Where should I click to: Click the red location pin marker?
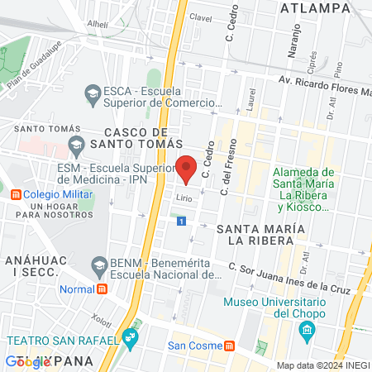187,168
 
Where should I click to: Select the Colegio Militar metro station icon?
17,195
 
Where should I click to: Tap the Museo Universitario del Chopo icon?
308,331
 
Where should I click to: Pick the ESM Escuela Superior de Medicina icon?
76,146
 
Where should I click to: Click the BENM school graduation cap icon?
100,265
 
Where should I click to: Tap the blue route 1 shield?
182,221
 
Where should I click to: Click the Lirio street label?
183,197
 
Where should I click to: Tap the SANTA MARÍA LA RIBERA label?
256,232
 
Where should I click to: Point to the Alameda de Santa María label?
304,184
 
